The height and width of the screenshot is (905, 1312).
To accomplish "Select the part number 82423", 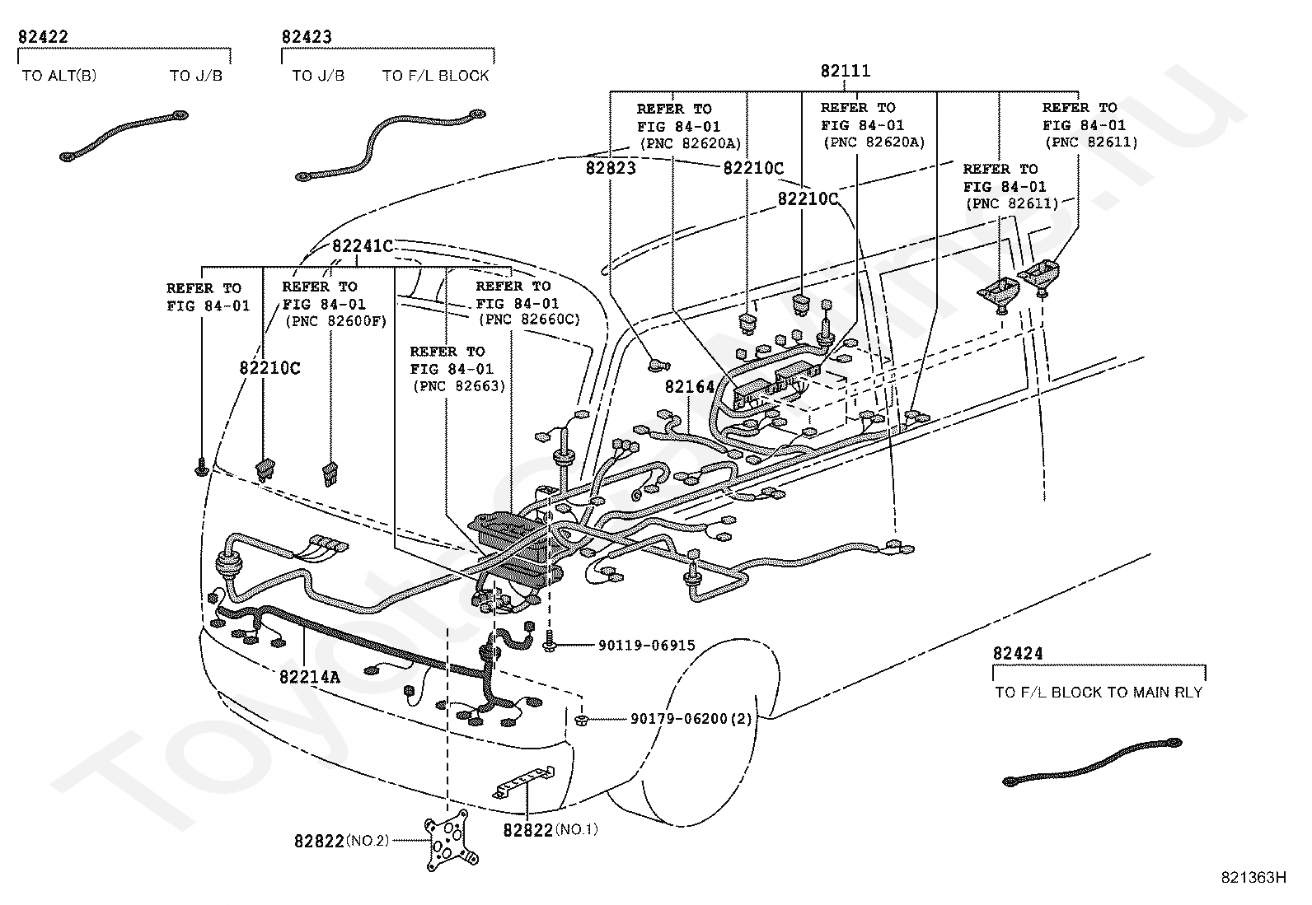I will pyautogui.click(x=307, y=37).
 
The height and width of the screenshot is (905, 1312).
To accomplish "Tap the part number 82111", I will pyautogui.click(x=845, y=72).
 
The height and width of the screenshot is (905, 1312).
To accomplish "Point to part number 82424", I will pyautogui.click(x=1018, y=654).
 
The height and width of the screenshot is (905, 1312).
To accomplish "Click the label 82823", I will pyautogui.click(x=611, y=168).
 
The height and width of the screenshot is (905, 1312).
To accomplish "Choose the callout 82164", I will pyautogui.click(x=690, y=387).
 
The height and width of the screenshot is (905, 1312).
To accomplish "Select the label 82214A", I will pyautogui.click(x=309, y=678).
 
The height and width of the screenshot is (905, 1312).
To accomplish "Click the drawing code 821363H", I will pyautogui.click(x=1253, y=877).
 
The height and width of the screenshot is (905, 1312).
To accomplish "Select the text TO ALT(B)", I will pyautogui.click(x=59, y=76).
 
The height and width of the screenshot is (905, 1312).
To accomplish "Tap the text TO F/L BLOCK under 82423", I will pyautogui.click(x=435, y=76).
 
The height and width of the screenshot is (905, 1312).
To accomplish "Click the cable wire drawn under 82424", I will pyautogui.click(x=1092, y=762).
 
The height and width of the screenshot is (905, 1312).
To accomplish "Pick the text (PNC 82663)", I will pyautogui.click(x=458, y=386).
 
